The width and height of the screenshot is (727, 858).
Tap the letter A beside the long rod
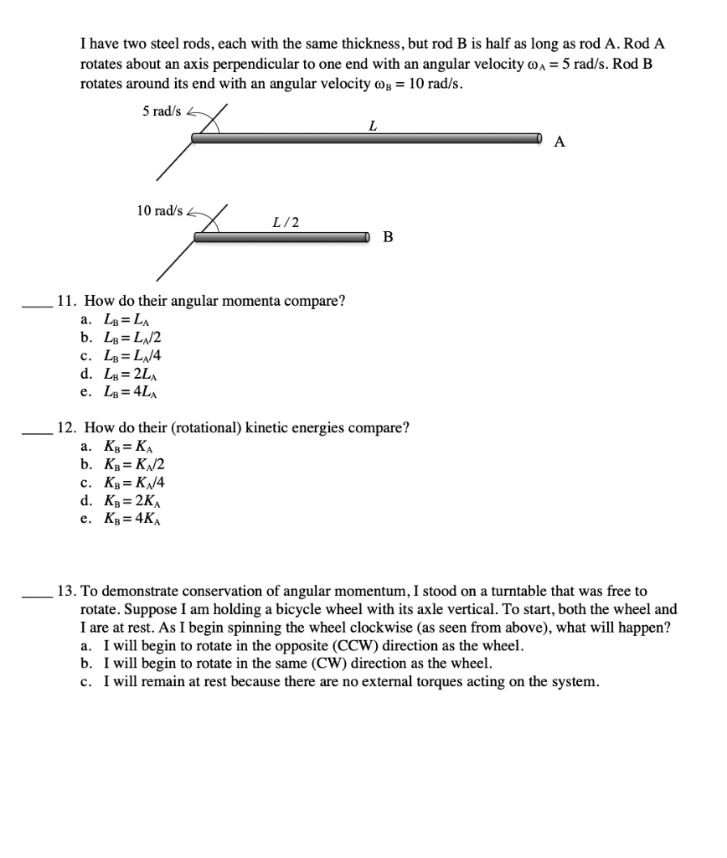click(x=559, y=142)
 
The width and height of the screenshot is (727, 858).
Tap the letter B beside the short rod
click(x=388, y=237)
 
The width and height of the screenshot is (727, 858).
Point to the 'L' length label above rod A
click(x=372, y=126)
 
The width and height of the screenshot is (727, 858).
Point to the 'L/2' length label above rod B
click(x=286, y=223)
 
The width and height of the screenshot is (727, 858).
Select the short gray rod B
click(x=281, y=237)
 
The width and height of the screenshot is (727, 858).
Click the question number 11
click(x=64, y=301)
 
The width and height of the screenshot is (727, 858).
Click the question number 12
click(x=64, y=428)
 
